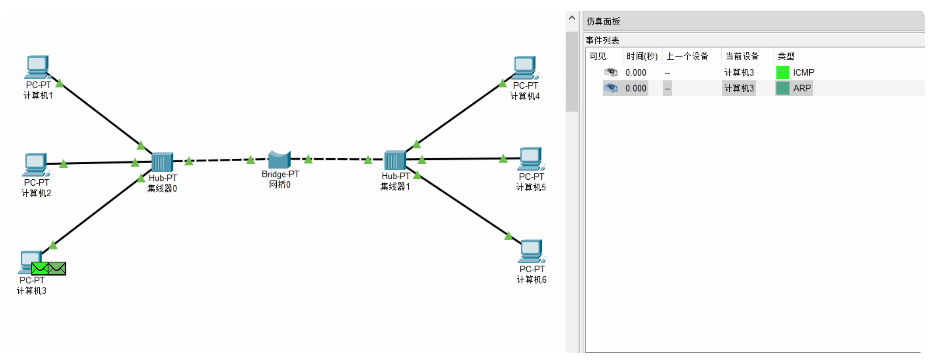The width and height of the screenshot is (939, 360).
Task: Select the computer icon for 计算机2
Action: pos(35,164)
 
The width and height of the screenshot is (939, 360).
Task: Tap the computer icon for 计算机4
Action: pos(525,68)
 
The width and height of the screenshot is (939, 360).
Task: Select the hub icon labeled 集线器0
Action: pos(162,162)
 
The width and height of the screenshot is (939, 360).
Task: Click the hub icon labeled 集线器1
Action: pos(395,160)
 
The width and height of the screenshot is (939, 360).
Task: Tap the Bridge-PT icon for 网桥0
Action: pos(279,160)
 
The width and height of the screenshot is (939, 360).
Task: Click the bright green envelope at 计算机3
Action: pos(40,268)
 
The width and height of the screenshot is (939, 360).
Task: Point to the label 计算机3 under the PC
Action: pos(32,291)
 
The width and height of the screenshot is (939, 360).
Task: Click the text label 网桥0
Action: pos(279,185)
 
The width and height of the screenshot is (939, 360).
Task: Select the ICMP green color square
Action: pos(782,72)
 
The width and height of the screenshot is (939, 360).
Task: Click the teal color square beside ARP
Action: pos(782,88)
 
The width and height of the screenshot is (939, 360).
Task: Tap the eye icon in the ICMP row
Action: pos(611,72)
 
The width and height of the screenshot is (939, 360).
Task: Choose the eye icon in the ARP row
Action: pos(611,88)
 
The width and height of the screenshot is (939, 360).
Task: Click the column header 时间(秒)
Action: pos(642,56)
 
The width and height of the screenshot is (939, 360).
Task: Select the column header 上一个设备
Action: pos(687,56)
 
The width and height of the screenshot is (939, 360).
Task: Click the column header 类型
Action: pos(786,56)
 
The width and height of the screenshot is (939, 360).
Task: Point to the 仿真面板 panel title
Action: pos(603,21)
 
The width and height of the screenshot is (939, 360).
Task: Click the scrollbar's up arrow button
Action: pos(571,18)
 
